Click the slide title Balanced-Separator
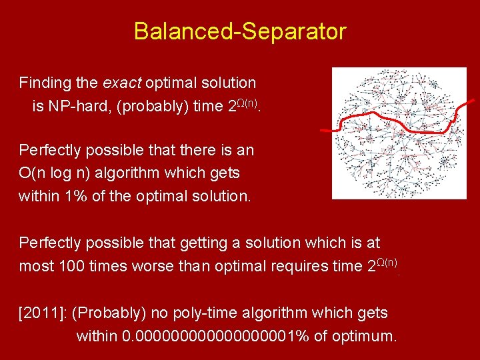(239, 31)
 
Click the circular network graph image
(399, 133)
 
